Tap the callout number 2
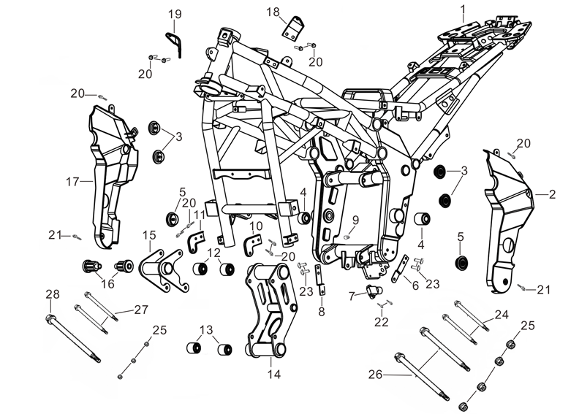coord(552,195)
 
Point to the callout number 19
coord(175,14)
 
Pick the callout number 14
coord(274,375)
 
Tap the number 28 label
coord(52,294)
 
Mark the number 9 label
coord(356,220)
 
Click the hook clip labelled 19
coord(175,42)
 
